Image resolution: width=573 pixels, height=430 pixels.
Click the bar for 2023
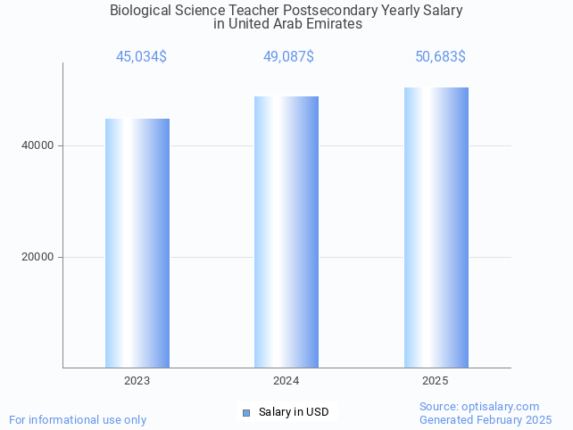(x=137, y=243)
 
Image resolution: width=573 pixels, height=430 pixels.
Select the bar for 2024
(x=286, y=232)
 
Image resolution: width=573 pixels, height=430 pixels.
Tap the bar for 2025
(x=436, y=227)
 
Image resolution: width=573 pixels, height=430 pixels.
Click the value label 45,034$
(x=141, y=57)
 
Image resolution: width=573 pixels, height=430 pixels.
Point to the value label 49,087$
(x=288, y=57)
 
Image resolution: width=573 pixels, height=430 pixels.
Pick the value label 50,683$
(x=440, y=57)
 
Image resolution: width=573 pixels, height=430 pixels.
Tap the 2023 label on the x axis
(x=137, y=381)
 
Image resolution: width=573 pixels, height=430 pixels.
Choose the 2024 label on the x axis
(x=286, y=381)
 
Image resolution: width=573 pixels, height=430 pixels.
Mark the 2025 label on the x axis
(x=436, y=381)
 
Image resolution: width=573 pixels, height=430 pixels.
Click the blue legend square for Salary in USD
(x=246, y=412)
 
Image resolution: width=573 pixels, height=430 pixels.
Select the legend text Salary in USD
(x=294, y=412)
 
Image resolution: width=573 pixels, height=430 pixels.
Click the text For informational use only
(x=78, y=419)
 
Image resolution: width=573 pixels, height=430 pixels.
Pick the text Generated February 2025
(x=486, y=419)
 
